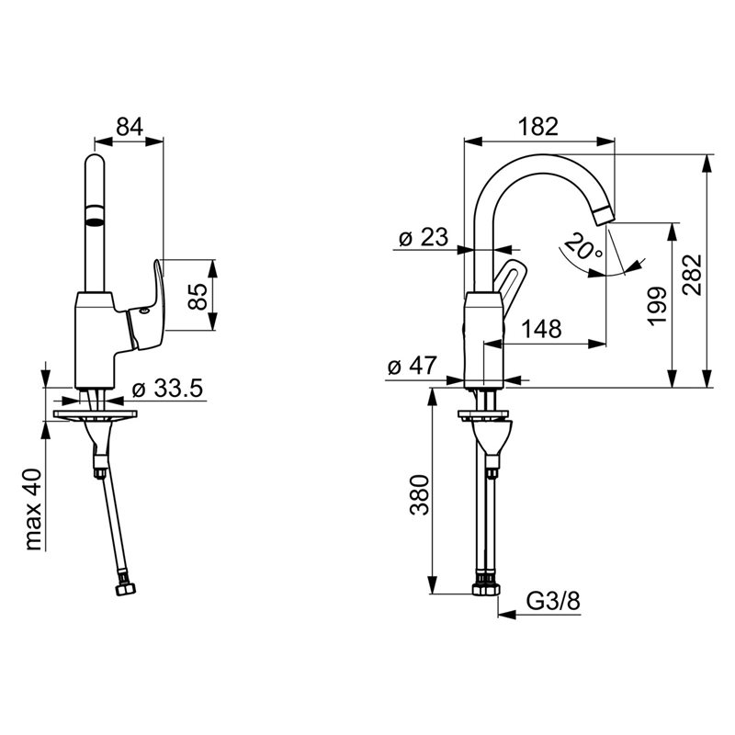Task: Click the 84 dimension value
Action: point(130,126)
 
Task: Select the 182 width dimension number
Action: point(538,126)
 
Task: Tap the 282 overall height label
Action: point(693,275)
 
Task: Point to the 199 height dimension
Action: point(657,306)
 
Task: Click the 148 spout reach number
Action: point(542,329)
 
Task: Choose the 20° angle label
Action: point(583,246)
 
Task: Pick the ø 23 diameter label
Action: point(424,237)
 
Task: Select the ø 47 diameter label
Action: point(413,366)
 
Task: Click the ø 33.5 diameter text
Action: point(167,388)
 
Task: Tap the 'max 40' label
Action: point(34,509)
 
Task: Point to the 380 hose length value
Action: point(420,495)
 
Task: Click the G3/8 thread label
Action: point(553,601)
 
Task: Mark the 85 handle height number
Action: point(198,296)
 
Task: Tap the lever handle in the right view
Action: point(509,282)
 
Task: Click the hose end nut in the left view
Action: point(125,588)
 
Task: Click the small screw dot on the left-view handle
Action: point(144,311)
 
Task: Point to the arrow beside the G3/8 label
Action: point(539,615)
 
